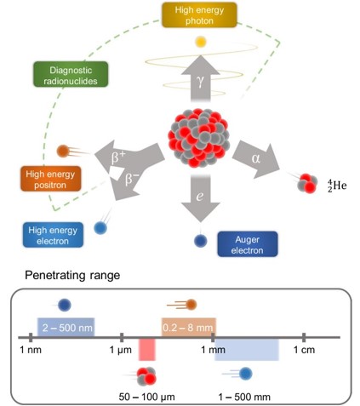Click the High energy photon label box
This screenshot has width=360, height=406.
click(199, 15)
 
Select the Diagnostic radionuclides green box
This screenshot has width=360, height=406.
click(71, 74)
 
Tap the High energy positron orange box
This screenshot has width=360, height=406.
click(50, 179)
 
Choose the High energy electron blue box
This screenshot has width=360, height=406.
click(53, 235)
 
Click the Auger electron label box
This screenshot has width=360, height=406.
click(248, 244)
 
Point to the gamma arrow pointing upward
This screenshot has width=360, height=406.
click(201, 78)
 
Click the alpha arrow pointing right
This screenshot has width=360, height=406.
click(256, 159)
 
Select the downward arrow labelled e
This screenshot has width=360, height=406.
click(201, 198)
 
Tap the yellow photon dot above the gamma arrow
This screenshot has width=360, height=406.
click(200, 42)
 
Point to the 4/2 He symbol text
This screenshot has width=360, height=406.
click(337, 186)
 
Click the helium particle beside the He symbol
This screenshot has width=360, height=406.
click(306, 183)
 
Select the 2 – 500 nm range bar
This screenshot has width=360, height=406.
click(66, 328)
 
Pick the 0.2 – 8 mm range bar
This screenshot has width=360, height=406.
click(189, 328)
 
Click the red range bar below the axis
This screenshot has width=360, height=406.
click(147, 349)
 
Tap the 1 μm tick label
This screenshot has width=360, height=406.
click(121, 350)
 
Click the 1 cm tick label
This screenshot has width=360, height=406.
click(304, 350)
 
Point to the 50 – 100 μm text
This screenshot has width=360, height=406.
click(146, 397)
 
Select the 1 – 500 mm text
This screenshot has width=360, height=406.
click(244, 397)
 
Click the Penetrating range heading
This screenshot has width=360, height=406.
click(72, 275)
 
